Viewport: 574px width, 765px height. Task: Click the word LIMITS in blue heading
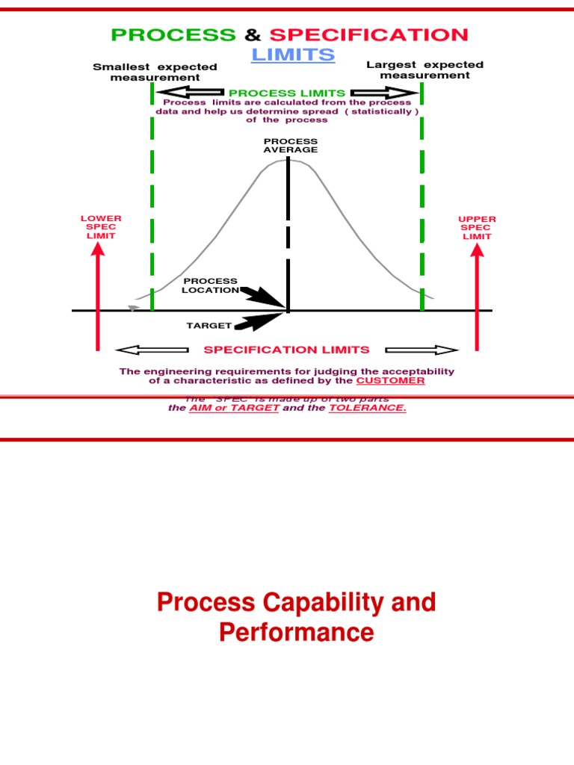(293, 55)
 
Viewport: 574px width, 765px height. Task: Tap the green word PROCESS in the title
(173, 34)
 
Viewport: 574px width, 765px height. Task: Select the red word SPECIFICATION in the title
(369, 34)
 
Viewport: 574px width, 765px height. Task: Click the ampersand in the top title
(252, 34)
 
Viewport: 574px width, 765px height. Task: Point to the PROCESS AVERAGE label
(290, 145)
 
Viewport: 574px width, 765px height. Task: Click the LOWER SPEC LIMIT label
(101, 227)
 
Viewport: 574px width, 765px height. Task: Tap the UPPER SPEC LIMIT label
(477, 227)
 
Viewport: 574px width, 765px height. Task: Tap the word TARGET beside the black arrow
(209, 326)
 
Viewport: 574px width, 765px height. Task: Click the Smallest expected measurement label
(155, 72)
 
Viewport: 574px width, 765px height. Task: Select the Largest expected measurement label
(425, 70)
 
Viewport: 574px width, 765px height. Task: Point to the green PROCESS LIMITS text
(287, 93)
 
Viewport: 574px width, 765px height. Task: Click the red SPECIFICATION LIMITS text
(286, 350)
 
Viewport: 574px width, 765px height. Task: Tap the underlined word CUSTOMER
(390, 380)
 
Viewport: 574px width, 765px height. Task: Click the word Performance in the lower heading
(296, 633)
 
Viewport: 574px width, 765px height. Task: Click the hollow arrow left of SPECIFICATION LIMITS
(153, 350)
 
